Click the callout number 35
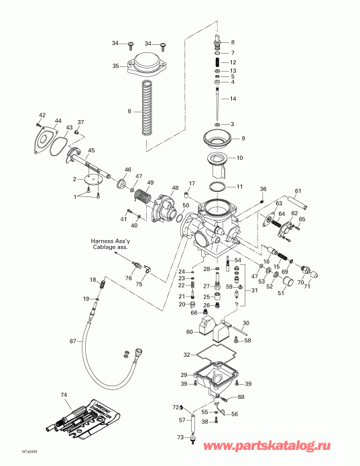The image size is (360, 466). pyautogui.click(x=115, y=66)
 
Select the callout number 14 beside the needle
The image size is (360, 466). pyautogui.click(x=233, y=99)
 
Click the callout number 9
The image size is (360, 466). pyautogui.click(x=243, y=138)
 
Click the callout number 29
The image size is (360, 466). pyautogui.click(x=184, y=374)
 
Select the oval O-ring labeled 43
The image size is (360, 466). pyautogui.click(x=60, y=142)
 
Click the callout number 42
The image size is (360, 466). pyautogui.click(x=42, y=115)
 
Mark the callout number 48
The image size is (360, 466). pyautogui.click(x=175, y=188)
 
